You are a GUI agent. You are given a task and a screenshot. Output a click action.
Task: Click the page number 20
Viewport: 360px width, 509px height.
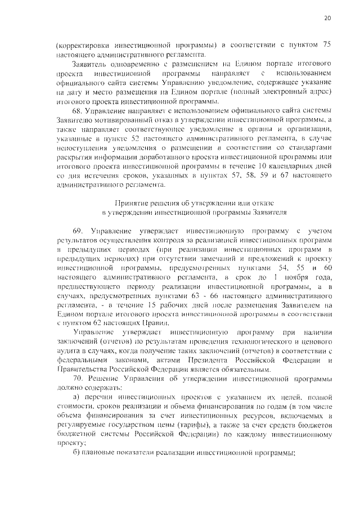(328, 18)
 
